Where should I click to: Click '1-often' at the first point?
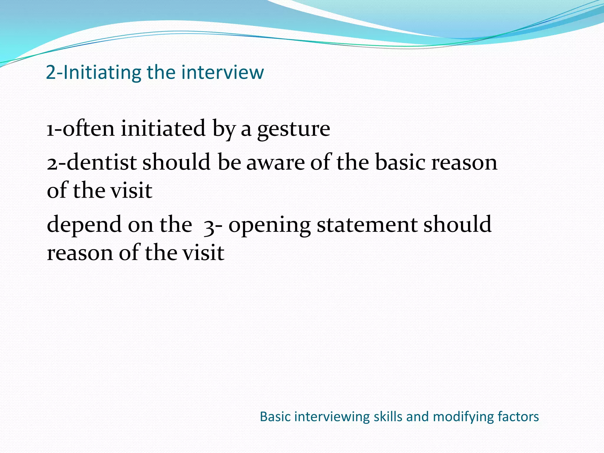[81, 129]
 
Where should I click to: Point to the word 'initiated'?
[163, 129]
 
